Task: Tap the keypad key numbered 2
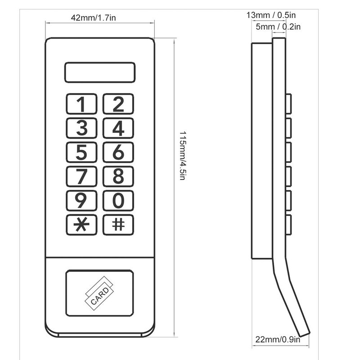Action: pyautogui.click(x=118, y=104)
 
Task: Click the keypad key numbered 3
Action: pyautogui.click(x=81, y=128)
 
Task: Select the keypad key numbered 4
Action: pyautogui.click(x=118, y=128)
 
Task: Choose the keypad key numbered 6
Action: pyautogui.click(x=118, y=153)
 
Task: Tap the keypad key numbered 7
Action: pyautogui.click(x=81, y=176)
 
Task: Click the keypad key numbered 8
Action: pyautogui.click(x=118, y=176)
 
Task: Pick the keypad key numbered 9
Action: pyautogui.click(x=81, y=201)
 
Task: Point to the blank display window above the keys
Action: pyautogui.click(x=100, y=72)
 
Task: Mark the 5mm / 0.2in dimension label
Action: pyautogui.click(x=278, y=27)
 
